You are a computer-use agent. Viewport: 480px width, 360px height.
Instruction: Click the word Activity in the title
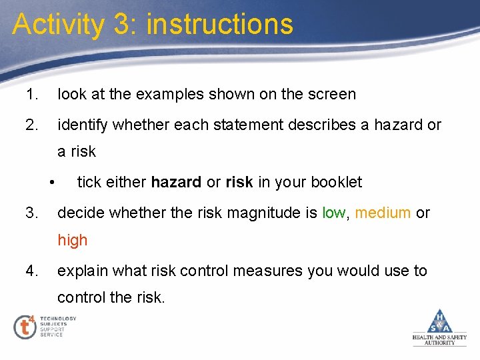coord(59,24)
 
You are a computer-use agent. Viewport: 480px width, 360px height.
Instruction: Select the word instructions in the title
coord(219,24)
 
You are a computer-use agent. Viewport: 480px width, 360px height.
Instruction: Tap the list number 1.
coord(31,95)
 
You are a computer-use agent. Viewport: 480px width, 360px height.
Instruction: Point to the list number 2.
coord(31,124)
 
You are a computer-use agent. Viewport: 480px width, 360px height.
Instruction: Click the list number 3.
coord(31,213)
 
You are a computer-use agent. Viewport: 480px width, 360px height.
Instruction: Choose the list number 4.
coord(31,271)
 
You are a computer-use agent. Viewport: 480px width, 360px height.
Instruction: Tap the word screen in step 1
coord(332,95)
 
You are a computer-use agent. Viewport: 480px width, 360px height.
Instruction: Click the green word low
coord(333,213)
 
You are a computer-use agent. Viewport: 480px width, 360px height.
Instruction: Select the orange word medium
coord(383,213)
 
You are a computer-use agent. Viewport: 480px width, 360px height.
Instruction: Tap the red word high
coord(72,240)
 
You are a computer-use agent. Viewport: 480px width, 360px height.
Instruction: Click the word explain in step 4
coord(82,271)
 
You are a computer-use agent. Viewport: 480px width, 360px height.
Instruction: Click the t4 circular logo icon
coord(25,327)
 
